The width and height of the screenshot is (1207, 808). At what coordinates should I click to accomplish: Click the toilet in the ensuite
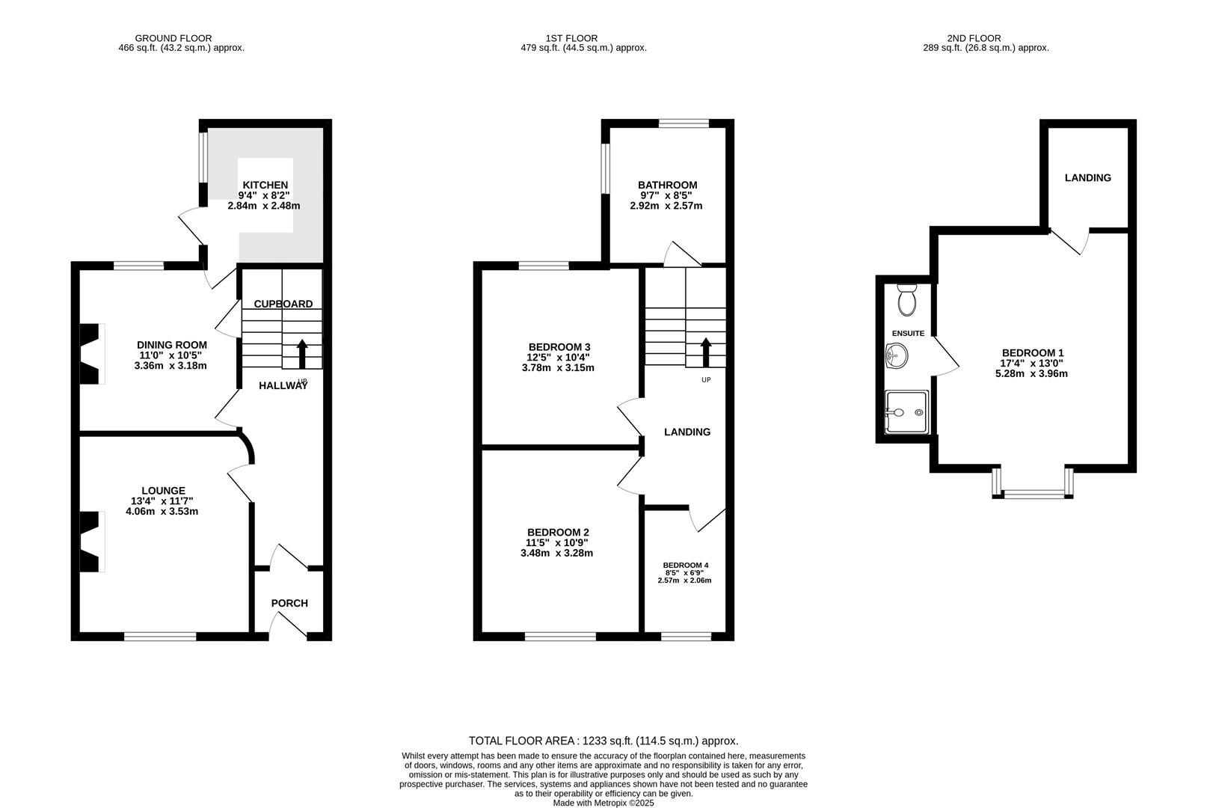click(907, 300)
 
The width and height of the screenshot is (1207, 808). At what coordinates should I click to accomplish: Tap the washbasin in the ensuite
click(895, 356)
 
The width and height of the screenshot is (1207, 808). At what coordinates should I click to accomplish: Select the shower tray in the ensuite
click(906, 412)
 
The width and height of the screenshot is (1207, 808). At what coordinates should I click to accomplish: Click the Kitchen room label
click(265, 185)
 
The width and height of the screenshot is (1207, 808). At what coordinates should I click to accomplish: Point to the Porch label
click(289, 603)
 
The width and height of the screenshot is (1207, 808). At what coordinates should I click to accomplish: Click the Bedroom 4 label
click(685, 565)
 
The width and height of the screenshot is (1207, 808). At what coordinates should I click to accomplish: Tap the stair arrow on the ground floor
click(302, 354)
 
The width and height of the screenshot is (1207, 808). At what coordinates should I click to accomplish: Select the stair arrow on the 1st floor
click(705, 352)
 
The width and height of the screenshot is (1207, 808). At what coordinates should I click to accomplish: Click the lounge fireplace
click(90, 542)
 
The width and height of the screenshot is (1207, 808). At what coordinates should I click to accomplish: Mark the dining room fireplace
click(90, 354)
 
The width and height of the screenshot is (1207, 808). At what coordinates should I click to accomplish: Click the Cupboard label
click(283, 304)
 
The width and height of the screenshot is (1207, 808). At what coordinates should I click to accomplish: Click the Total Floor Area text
click(603, 741)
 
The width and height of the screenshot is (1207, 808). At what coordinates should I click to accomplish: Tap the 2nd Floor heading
click(973, 38)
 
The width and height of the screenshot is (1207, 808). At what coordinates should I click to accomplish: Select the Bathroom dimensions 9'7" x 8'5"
click(667, 195)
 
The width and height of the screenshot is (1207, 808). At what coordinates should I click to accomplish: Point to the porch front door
click(288, 625)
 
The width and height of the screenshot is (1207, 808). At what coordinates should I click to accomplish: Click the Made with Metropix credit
click(603, 803)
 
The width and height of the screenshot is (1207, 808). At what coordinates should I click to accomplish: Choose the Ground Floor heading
click(173, 38)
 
